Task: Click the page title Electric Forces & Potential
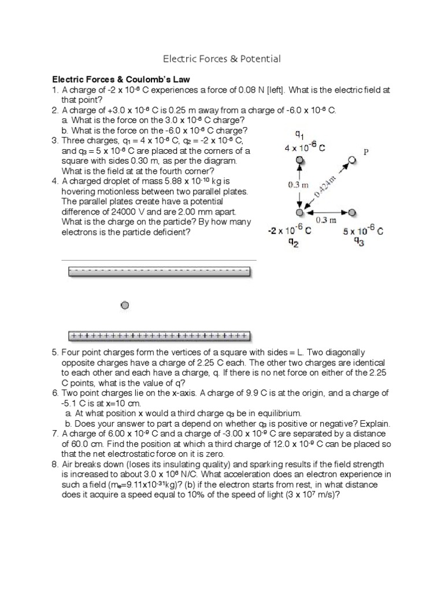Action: [x=222, y=58]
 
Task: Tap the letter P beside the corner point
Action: [x=366, y=152]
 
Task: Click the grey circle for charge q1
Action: [x=299, y=160]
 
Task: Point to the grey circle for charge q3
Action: [x=353, y=212]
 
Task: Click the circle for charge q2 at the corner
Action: [x=299, y=213]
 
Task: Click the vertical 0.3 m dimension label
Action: [x=299, y=185]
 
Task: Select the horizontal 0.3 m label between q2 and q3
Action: [x=326, y=220]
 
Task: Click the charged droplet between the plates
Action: [x=124, y=305]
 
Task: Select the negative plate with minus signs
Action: [x=160, y=271]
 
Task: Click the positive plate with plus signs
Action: [x=159, y=335]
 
